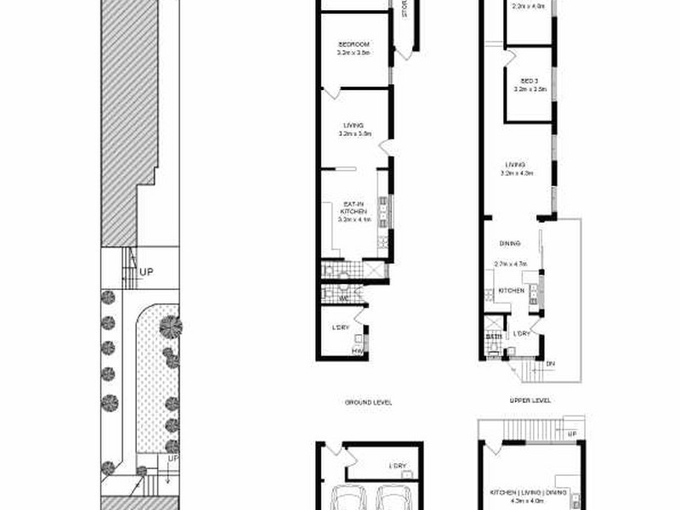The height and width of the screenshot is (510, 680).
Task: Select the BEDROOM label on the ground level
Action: coord(352,44)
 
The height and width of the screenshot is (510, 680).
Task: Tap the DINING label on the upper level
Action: coord(510,243)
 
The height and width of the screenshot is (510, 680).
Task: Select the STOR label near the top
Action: coord(405,12)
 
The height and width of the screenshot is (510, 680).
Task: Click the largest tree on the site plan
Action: coord(170,326)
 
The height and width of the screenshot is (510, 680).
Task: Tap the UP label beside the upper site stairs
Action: coord(147,273)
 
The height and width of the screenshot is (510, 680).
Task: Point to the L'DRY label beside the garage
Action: coord(398,467)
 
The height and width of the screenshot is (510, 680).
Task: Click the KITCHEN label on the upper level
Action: coord(512,292)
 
